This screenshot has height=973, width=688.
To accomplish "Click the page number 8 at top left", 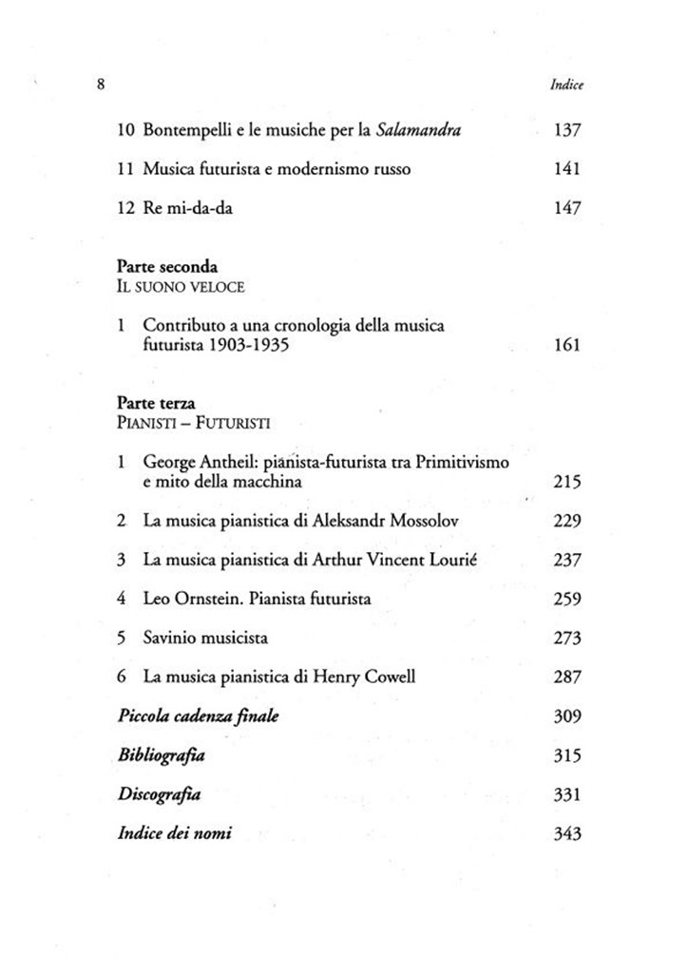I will pyautogui.click(x=100, y=84).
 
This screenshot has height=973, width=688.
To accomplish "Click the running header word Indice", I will pyautogui.click(x=566, y=85).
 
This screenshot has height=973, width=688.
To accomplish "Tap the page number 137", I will pyautogui.click(x=566, y=129).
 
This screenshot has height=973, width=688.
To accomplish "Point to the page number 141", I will pyautogui.click(x=566, y=169).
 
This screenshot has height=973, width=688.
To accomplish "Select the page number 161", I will pyautogui.click(x=566, y=345).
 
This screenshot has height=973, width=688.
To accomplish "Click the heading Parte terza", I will pyautogui.click(x=157, y=403).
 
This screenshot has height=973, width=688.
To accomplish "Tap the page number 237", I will pyautogui.click(x=566, y=560).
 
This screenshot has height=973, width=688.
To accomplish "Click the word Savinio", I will pyautogui.click(x=169, y=639).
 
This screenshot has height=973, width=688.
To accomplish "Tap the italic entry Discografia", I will pyautogui.click(x=158, y=794).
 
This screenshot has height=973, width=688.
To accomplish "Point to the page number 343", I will pyautogui.click(x=566, y=834).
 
